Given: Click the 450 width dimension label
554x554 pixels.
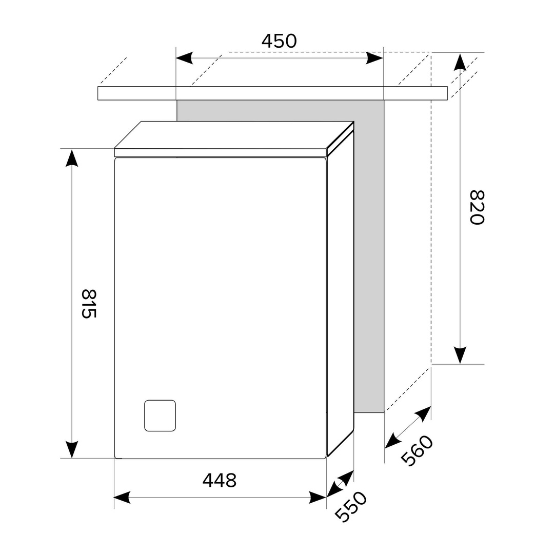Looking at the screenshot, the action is [x=279, y=41].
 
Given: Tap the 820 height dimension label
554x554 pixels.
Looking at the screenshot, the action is [x=477, y=207].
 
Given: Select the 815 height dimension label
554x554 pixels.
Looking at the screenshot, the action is [x=89, y=304].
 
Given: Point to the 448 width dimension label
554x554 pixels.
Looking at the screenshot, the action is [x=220, y=480].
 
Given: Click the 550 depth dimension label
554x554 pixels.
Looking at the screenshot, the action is [x=351, y=507].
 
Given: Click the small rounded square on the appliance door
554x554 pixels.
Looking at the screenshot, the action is [x=160, y=416].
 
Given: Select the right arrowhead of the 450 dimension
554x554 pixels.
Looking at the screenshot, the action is [x=374, y=58].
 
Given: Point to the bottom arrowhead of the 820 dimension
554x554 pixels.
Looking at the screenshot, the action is [x=460, y=355].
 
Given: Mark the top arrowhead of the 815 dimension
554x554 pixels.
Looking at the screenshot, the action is [x=72, y=158].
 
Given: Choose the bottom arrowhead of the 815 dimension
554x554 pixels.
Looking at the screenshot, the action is [x=72, y=450].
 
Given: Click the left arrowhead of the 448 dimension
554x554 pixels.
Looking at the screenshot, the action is [x=122, y=498].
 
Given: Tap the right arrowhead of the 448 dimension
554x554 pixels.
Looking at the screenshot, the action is [x=318, y=498].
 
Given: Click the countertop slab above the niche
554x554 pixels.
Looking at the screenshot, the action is [x=272, y=93].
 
